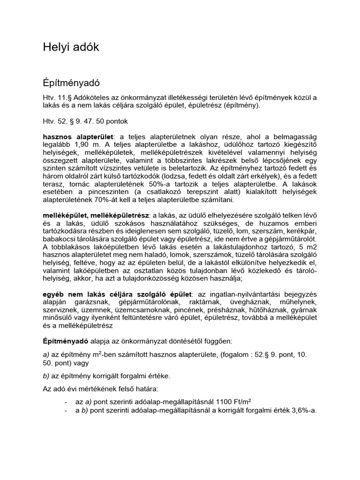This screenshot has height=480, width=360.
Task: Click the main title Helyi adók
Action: coord(71,47)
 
